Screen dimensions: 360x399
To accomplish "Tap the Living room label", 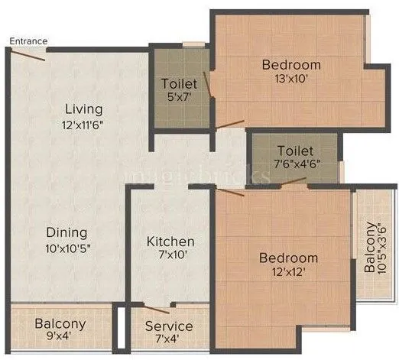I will tap(83, 109).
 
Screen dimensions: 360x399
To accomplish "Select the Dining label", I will tap(66, 232).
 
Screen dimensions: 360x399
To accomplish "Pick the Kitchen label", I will tap(170, 242).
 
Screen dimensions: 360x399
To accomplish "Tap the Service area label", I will tap(169, 326).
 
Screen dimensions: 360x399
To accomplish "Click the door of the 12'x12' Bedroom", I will tap(231, 191).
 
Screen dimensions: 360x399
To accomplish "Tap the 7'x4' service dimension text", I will tap(169, 341).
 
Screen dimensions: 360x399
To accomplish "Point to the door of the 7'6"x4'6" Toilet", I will tap(294, 183).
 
